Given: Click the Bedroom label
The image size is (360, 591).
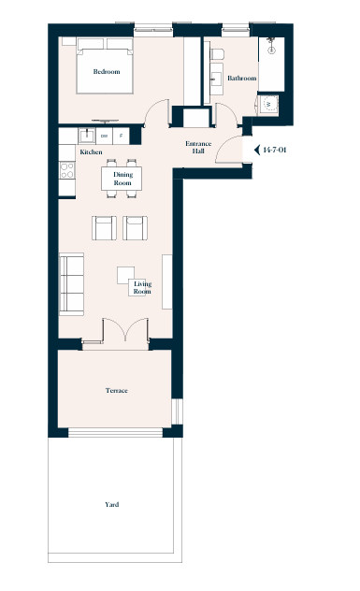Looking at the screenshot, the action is pyautogui.click(x=107, y=72).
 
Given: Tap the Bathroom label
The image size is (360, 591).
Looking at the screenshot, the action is pyautogui.click(x=242, y=78).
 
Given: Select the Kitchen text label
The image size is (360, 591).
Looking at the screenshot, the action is pyautogui.click(x=91, y=151).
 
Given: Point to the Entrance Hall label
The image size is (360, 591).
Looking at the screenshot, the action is pyautogui.click(x=198, y=147).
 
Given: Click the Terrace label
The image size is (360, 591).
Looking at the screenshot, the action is pyautogui.click(x=117, y=391).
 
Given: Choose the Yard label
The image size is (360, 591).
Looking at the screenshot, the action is pyautogui.click(x=112, y=504).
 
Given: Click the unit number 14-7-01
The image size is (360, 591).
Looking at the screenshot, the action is pyautogui.click(x=275, y=150).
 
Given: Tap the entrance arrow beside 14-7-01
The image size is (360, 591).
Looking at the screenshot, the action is pyautogui.click(x=257, y=150).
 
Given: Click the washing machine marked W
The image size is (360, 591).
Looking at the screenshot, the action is pyautogui.click(x=268, y=104).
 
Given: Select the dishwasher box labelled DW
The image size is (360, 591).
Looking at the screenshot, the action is pyautogui.click(x=105, y=137).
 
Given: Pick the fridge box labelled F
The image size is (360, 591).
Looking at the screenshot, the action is pyautogui.click(x=121, y=137).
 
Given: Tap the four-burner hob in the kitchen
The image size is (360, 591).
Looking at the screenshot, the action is pyautogui.click(x=67, y=170).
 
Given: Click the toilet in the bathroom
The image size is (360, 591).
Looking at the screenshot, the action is pyautogui.click(x=217, y=54).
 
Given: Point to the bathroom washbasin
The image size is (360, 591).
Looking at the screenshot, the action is pyautogui.click(x=217, y=79).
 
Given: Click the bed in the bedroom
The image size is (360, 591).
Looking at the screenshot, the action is pyautogui.click(x=105, y=65).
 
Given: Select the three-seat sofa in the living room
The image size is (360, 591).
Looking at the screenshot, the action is pyautogui.click(x=72, y=284).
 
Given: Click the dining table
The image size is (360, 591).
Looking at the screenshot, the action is pyautogui.click(x=122, y=179).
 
